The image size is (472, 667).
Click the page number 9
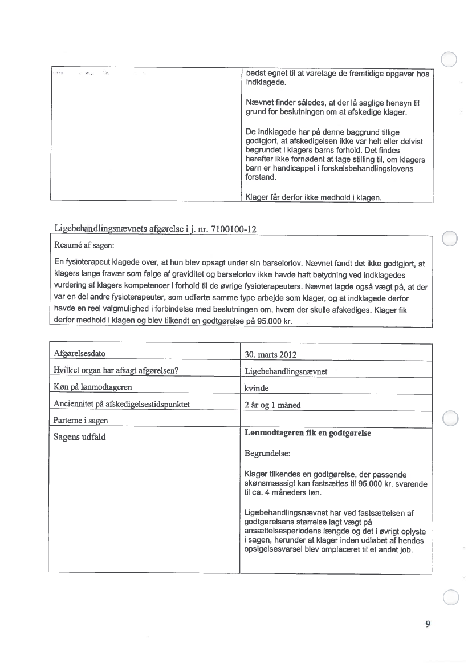(428, 624)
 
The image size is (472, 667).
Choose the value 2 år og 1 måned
(272, 405)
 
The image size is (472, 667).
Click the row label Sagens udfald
(79, 438)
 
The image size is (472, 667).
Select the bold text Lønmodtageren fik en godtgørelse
(307, 433)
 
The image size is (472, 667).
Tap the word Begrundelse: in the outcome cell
(267, 455)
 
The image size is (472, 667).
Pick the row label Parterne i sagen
(80, 421)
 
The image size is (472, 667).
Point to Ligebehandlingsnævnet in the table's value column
(286, 371)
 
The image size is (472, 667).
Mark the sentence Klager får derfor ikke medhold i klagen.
(312, 197)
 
